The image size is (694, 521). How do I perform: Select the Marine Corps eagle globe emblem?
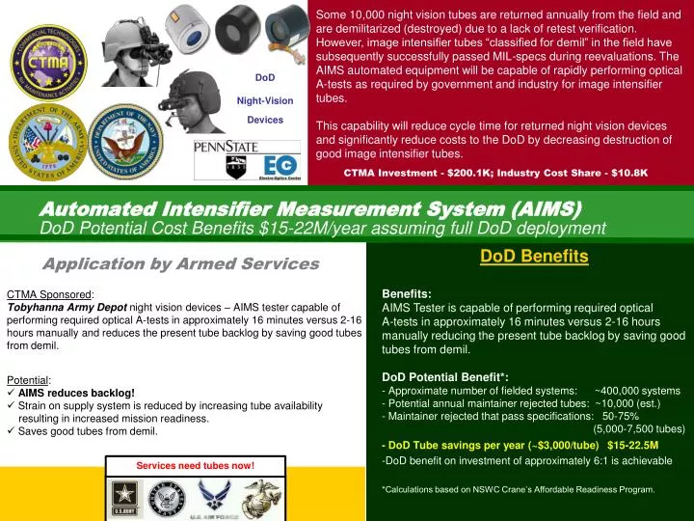(x=263, y=497)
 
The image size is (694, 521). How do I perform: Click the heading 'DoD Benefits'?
(x=534, y=256)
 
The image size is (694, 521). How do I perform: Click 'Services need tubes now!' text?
(x=195, y=466)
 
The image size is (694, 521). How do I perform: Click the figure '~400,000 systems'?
(x=637, y=390)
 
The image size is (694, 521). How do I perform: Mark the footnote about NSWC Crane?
(x=519, y=489)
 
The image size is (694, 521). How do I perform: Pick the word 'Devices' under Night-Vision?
(x=265, y=120)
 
